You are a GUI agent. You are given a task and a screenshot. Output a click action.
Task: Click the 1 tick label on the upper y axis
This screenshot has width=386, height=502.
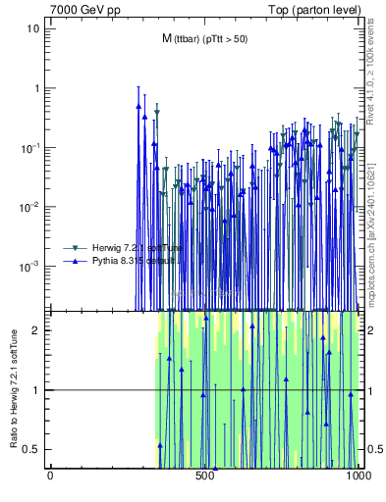(x=37, y=88)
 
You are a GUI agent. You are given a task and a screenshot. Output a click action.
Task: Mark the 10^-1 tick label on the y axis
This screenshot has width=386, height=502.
(x=31, y=147)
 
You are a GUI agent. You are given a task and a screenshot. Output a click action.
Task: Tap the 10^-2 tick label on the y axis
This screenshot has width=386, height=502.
(x=31, y=207)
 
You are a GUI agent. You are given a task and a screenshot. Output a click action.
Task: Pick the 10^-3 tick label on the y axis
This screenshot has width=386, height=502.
(x=31, y=266)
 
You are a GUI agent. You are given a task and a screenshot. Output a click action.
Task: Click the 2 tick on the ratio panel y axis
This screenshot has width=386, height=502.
(x=37, y=330)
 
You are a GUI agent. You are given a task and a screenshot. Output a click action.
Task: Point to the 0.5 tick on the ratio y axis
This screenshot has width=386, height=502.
(x=32, y=450)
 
